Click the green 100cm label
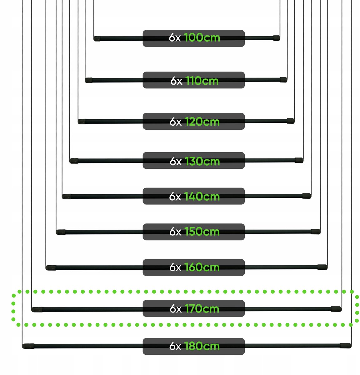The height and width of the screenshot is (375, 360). [x=202, y=37]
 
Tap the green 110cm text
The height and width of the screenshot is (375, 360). [x=202, y=81]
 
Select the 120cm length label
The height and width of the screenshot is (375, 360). [x=202, y=122]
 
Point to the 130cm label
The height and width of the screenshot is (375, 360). [x=202, y=161]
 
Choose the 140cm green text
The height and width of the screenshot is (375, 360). [x=202, y=196]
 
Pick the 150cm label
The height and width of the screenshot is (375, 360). [x=202, y=232]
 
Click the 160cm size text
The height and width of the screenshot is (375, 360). [x=202, y=267]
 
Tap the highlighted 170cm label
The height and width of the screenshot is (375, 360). [x=202, y=308]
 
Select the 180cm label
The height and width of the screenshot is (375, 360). [x=202, y=346]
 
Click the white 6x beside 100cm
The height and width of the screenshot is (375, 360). [x=175, y=37]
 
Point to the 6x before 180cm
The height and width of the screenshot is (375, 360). [x=175, y=346]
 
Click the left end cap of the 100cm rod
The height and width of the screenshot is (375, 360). [x=97, y=39]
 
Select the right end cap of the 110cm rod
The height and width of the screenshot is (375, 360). [x=283, y=80]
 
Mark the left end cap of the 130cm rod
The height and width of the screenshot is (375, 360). [x=74, y=161]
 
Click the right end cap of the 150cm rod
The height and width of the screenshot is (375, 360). [x=316, y=232]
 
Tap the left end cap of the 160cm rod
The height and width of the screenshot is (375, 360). [x=51, y=268]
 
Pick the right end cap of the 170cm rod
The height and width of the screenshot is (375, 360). [x=336, y=309]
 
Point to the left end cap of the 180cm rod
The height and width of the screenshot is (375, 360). [x=28, y=346]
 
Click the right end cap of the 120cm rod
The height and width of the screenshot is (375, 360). [x=291, y=121]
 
